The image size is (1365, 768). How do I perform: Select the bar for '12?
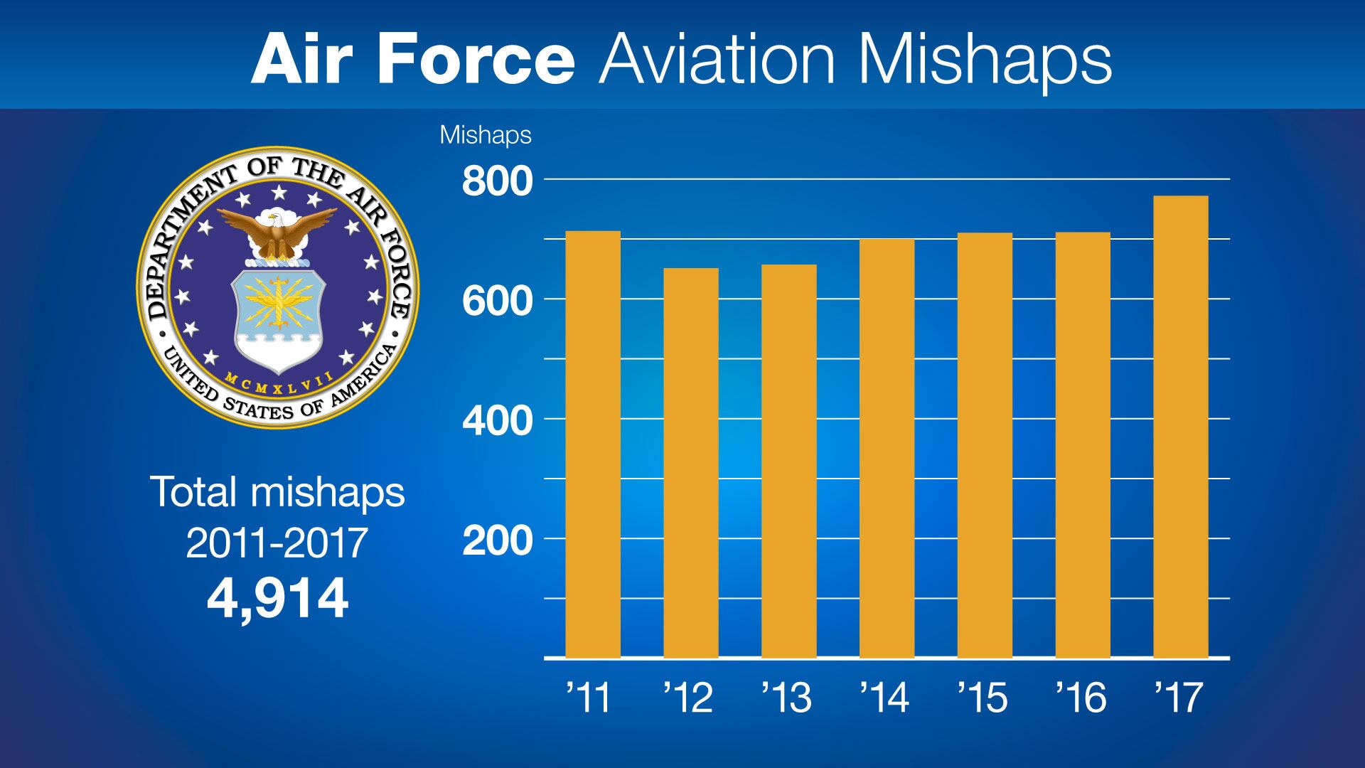pos(691,463)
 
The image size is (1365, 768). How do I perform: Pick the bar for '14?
pos(887,448)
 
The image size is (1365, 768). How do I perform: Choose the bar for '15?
pos(985,445)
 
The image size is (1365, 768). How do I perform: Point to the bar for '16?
pos(1083,445)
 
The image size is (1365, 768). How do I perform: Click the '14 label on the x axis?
pos(885,699)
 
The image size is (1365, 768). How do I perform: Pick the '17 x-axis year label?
pos(1179,699)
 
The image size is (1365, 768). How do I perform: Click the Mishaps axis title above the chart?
pos(486,135)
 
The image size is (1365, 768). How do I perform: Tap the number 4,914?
pos(277,599)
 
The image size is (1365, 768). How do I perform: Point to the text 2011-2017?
pos(277,544)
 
